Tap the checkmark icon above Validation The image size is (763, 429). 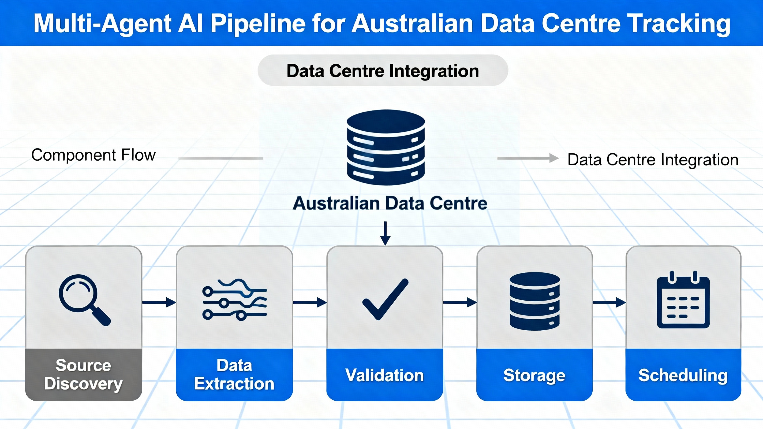[x=385, y=299]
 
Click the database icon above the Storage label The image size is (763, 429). [x=535, y=301]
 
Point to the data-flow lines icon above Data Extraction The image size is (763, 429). [x=235, y=299]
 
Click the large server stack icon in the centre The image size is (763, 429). [x=386, y=147]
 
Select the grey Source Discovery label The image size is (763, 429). [x=84, y=375]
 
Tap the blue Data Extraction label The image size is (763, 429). [x=234, y=375]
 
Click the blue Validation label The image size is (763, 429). [x=384, y=375]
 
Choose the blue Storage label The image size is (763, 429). [x=534, y=375]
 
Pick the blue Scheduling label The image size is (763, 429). [x=683, y=375]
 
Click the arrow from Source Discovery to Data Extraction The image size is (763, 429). [x=159, y=302]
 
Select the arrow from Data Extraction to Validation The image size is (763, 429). [x=310, y=302]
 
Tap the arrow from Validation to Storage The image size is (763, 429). [x=460, y=302]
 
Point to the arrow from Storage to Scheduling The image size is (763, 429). [x=609, y=302]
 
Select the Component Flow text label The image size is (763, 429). [x=93, y=155]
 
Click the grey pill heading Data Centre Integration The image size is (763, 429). [x=383, y=71]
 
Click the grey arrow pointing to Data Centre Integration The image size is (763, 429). [x=528, y=158]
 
